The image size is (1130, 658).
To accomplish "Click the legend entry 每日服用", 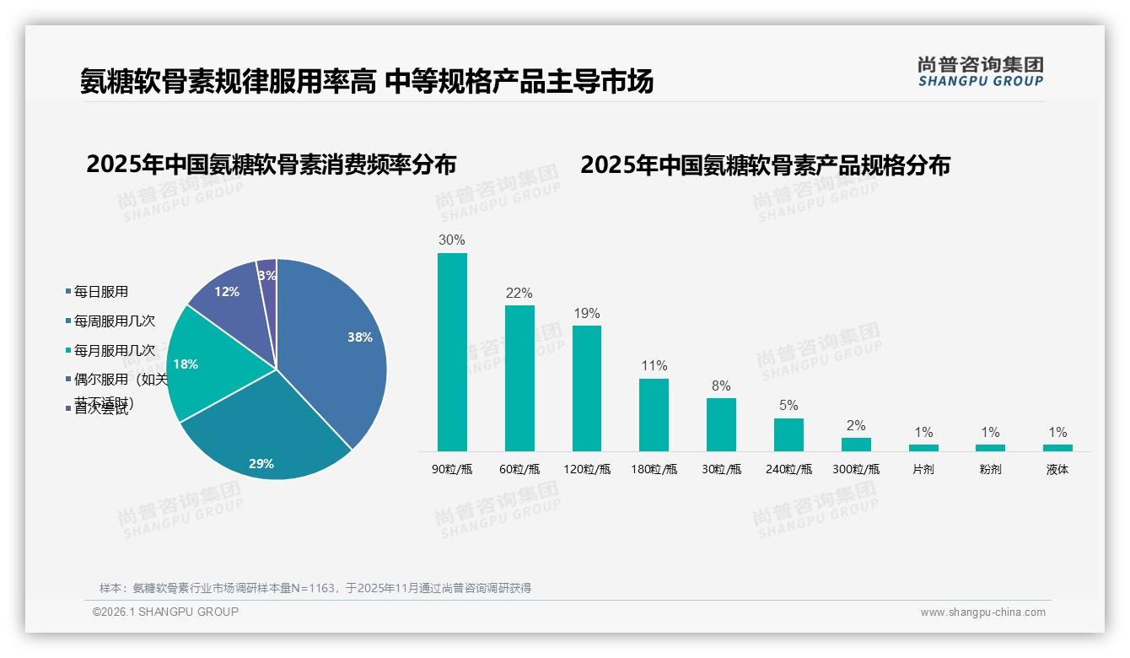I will click(100, 292).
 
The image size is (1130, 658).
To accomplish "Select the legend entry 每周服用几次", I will click(114, 321).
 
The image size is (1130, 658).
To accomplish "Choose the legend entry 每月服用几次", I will click(114, 350).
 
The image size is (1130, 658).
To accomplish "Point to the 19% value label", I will click(586, 314).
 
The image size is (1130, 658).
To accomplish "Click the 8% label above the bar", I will click(720, 386).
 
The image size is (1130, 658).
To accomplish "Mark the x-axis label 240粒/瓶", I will click(788, 470).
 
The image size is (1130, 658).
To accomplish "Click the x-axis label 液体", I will click(1057, 470).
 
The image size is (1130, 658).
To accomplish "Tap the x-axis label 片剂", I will click(923, 470).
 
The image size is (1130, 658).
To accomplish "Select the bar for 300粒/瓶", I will click(856, 444).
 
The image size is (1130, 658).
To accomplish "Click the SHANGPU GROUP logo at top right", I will click(980, 72).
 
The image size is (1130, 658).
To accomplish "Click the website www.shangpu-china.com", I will click(982, 612).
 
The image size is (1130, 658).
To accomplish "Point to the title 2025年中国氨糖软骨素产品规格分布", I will click(765, 164).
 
